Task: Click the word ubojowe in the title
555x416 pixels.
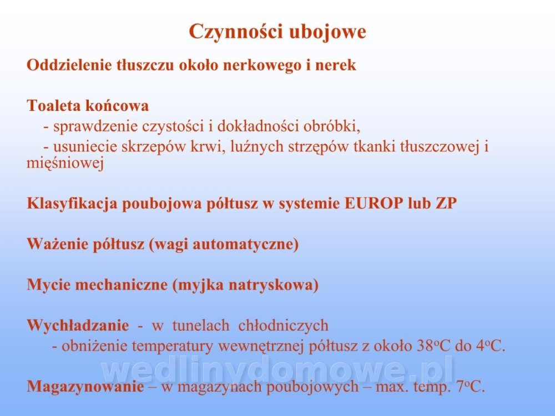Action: tap(328, 32)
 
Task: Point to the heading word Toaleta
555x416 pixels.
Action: tap(53, 105)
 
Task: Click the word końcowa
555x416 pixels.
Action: tap(117, 105)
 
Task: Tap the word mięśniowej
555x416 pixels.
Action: tap(65, 164)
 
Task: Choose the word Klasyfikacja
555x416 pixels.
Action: tap(72, 204)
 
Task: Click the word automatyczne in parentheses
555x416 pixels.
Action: tap(246, 245)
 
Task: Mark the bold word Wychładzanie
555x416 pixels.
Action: tap(78, 326)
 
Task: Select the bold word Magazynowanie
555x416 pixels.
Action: tap(85, 387)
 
